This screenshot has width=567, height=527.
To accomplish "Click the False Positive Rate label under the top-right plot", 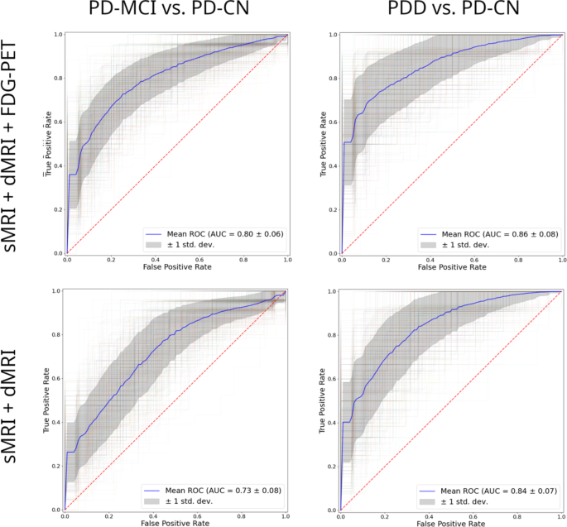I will (x=451, y=269).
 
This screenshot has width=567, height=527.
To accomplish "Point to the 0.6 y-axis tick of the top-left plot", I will (x=57, y=122).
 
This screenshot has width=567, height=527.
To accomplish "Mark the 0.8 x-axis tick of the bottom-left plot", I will (x=242, y=516).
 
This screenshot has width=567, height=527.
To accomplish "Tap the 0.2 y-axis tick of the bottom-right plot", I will (x=333, y=466).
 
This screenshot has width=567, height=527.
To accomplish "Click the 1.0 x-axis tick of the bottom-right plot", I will (x=561, y=516).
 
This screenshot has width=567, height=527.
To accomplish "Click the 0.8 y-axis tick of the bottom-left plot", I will (x=57, y=335).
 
